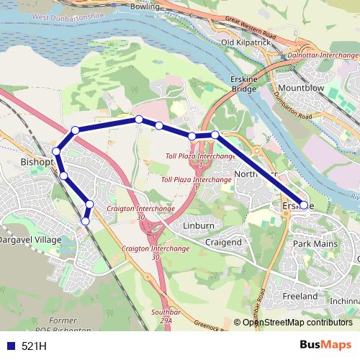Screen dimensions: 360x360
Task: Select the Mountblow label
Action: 301,88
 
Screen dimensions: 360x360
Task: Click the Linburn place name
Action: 198,225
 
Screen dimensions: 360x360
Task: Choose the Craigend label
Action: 223,243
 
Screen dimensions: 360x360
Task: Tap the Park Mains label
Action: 315,245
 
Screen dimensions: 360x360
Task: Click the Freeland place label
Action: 300,296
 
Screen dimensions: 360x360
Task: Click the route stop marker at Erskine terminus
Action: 304,205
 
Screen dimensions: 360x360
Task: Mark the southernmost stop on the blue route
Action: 86,221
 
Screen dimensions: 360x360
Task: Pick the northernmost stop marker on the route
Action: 138,119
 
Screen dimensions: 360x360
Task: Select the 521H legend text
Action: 33,346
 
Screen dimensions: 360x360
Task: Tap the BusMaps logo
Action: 325,346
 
